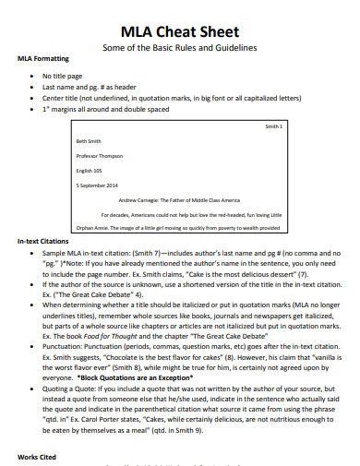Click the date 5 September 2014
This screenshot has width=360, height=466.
tap(98, 185)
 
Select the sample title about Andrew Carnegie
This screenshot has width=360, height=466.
tap(179, 199)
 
